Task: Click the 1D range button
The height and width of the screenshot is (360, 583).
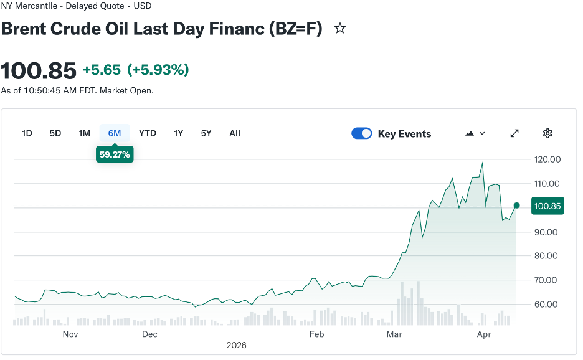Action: [27, 133]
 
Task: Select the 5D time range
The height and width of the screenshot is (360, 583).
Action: [55, 133]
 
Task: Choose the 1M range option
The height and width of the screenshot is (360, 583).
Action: [84, 133]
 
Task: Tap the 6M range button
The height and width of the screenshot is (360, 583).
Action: [115, 133]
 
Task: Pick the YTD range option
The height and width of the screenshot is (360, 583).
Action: [148, 133]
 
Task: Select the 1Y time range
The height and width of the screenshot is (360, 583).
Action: [179, 133]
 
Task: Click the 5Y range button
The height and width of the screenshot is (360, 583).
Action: [206, 133]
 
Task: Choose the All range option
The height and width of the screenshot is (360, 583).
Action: [235, 133]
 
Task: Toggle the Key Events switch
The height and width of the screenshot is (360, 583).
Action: [362, 133]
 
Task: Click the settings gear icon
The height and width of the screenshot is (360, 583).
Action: [547, 133]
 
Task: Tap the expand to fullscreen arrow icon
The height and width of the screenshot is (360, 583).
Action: [514, 133]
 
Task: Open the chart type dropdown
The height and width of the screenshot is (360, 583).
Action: [475, 133]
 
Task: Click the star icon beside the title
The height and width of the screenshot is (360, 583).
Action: [340, 29]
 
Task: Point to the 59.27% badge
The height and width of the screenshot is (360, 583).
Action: [115, 154]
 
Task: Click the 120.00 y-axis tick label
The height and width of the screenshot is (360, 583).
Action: [548, 159]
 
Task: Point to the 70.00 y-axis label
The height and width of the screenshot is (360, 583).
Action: [548, 280]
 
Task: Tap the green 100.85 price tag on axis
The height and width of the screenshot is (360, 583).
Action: [548, 206]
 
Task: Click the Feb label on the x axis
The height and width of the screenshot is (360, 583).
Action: [317, 334]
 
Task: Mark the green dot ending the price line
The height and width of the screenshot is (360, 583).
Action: [516, 206]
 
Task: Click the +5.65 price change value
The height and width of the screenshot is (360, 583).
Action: [102, 70]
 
